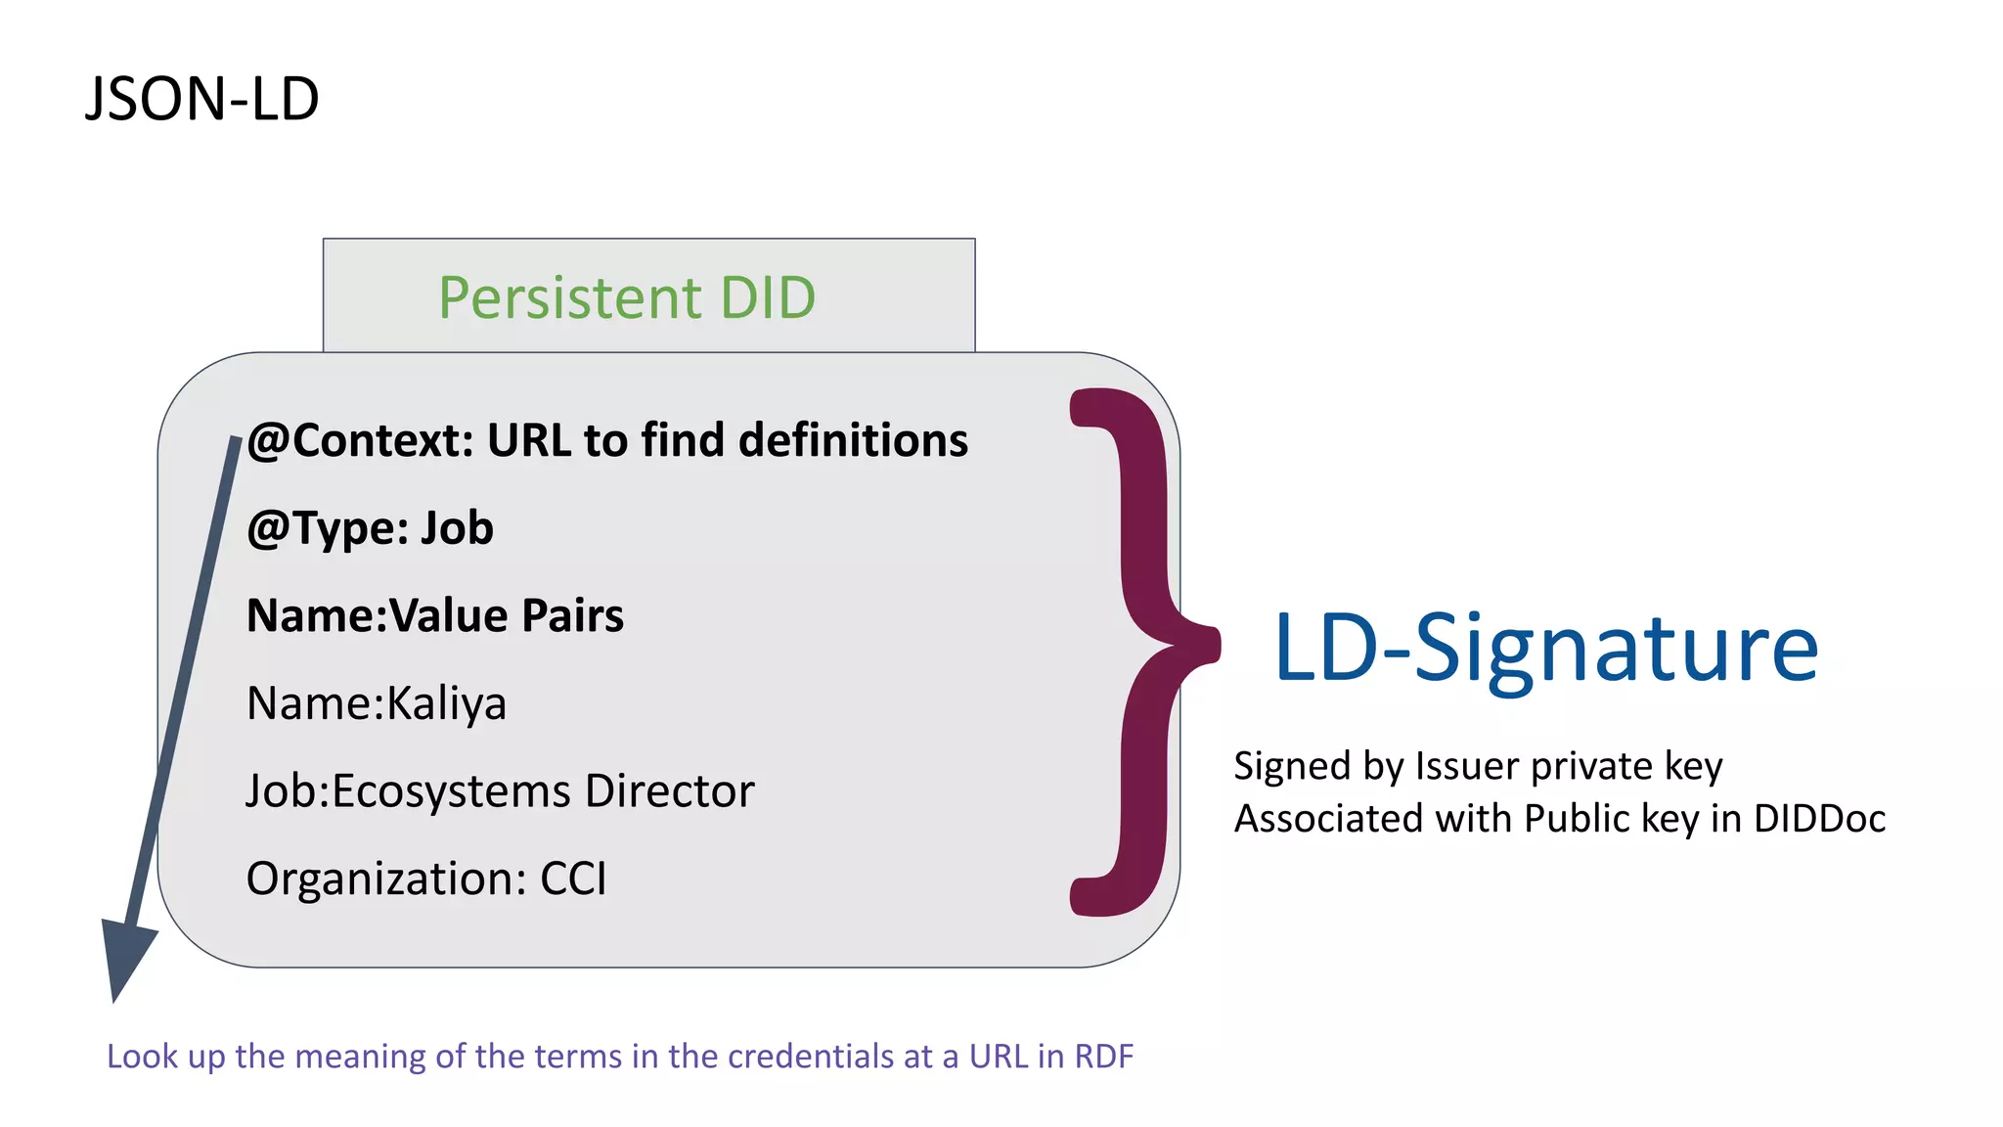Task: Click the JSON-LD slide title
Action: (202, 99)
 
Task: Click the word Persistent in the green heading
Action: (570, 297)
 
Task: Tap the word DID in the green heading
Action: (768, 297)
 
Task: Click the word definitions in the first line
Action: (853, 440)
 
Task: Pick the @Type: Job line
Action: (370, 528)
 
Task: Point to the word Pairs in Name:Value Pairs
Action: (572, 615)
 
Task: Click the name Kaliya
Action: (446, 703)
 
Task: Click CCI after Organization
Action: (573, 879)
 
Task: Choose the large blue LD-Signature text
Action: (1545, 648)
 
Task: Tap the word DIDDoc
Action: (1819, 819)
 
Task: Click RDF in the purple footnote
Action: (1103, 1057)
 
